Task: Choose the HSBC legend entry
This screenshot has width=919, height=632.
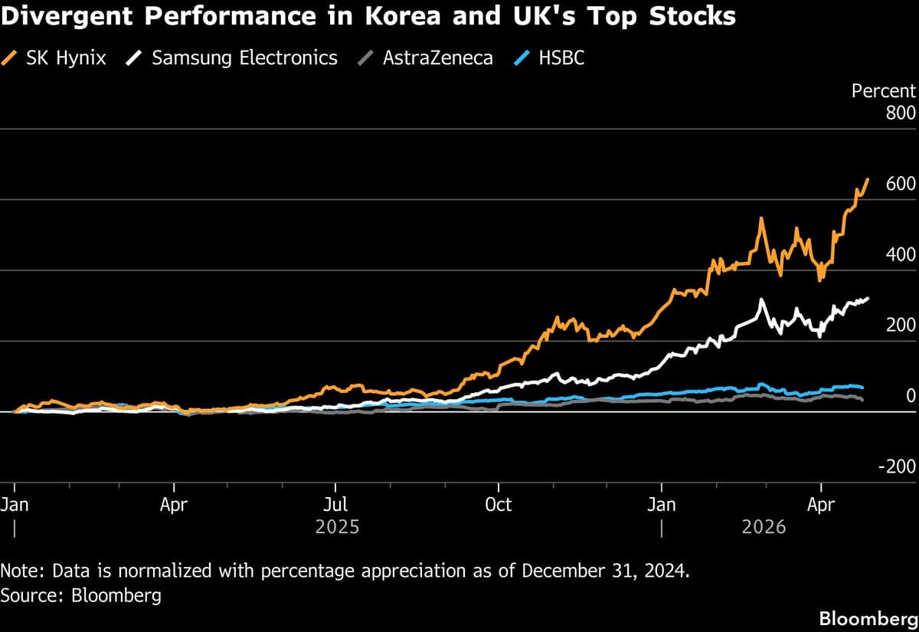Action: click(x=551, y=57)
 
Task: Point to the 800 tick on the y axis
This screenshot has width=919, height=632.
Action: click(x=901, y=113)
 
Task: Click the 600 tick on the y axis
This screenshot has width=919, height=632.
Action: click(x=901, y=184)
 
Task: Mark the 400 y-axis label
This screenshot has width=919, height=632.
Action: click(x=901, y=254)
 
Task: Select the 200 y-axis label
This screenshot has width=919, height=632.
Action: click(x=901, y=325)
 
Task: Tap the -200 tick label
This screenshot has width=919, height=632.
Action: click(x=897, y=467)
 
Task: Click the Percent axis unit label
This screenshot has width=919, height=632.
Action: click(x=884, y=90)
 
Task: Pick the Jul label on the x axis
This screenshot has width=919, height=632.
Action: click(x=335, y=505)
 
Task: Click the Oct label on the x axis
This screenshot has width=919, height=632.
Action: click(x=499, y=505)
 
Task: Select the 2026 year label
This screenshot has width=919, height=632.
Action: click(x=764, y=528)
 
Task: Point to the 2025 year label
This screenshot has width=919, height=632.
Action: click(x=338, y=528)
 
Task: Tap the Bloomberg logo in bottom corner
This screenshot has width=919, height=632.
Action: click(x=867, y=618)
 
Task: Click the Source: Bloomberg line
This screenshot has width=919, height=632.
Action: click(x=81, y=595)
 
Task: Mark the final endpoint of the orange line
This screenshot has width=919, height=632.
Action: click(x=868, y=179)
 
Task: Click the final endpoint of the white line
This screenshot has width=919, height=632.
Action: click(x=868, y=299)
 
